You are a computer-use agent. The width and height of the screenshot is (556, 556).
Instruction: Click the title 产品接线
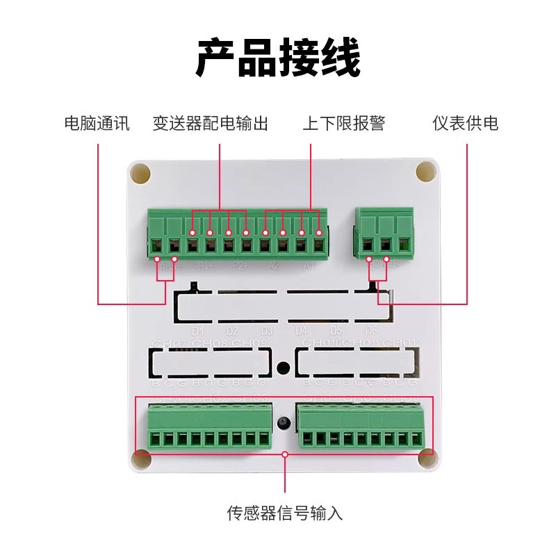pos(278,58)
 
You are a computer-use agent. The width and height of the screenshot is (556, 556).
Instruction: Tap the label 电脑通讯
pos(97,124)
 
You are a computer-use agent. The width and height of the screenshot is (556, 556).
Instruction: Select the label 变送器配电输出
pos(211,124)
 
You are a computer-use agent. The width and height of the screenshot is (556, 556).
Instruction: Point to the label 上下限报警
pos(343,124)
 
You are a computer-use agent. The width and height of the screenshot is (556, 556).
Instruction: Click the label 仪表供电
pos(465,124)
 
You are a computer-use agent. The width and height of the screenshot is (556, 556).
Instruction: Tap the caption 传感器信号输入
pos(285,514)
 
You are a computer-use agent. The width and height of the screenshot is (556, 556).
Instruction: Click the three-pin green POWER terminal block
pos(384,233)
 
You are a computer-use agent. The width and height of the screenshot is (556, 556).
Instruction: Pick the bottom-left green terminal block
pos(208,427)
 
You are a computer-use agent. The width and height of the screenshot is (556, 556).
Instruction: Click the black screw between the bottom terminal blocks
pos(283,423)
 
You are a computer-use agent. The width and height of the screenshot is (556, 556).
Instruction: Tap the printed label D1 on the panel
pos(197,331)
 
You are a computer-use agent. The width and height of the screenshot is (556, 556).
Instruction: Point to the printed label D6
pos(370,331)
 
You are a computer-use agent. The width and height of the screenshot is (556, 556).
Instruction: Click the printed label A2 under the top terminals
pos(273,266)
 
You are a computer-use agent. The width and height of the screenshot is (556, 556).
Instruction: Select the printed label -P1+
pos(204,266)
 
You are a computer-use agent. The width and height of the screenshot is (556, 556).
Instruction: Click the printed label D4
pos(301,331)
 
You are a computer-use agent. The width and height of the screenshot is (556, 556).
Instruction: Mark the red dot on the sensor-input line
pos(285,455)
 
